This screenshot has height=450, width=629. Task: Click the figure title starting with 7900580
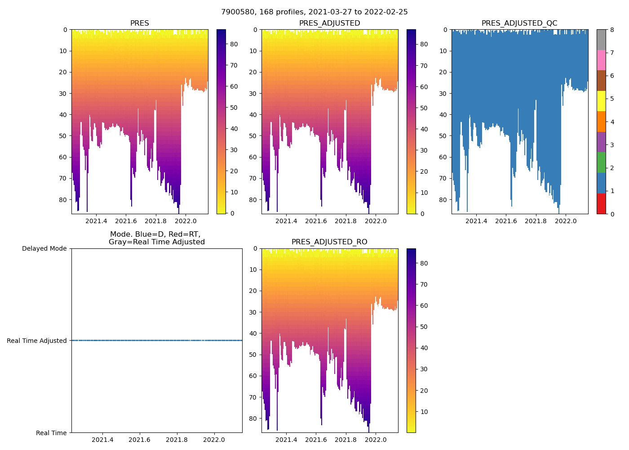314,12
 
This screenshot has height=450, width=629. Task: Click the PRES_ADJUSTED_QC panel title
519,23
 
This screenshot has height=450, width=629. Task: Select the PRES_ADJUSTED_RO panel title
329,242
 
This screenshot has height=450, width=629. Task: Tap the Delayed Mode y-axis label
44,248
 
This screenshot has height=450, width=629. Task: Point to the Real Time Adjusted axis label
36,341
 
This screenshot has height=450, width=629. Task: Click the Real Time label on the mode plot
51,433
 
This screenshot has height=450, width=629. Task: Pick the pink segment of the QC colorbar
601,60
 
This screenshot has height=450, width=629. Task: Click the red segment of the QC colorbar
601,204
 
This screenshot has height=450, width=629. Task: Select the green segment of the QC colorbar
601,162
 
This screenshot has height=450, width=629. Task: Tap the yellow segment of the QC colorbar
601,101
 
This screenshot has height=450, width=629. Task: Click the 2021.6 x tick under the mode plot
140,440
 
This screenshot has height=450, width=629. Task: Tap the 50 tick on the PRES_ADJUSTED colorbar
424,108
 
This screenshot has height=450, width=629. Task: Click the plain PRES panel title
139,23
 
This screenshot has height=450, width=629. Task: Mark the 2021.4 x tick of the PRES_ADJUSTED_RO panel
286,440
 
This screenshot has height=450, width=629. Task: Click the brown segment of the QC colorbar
601,81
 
